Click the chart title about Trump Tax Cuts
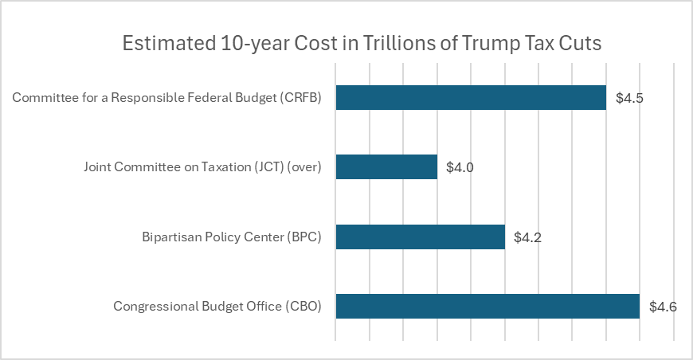click(362, 44)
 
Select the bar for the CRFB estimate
click(471, 98)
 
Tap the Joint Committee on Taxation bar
click(386, 167)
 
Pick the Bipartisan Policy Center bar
click(420, 237)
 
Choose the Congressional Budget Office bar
click(487, 306)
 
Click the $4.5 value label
click(629, 99)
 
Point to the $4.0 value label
click(460, 168)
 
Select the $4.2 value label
click(528, 237)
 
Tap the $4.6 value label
click(663, 307)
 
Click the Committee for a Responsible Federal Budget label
click(166, 99)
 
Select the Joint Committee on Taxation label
click(202, 168)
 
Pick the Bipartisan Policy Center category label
click(231, 237)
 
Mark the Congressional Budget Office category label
click(217, 307)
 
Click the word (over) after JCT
click(303, 168)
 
